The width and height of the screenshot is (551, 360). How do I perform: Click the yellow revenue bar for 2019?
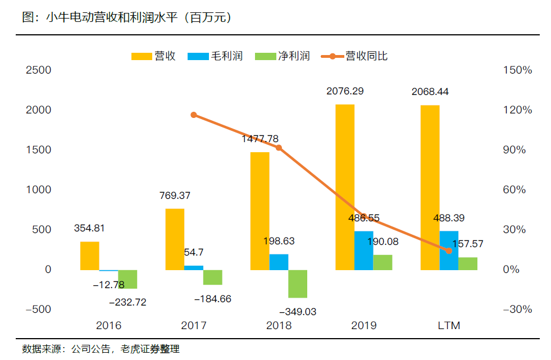pos(345,187)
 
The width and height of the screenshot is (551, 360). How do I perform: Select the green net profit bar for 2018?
pos(298,284)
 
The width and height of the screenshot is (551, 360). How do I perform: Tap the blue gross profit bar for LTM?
pos(449,250)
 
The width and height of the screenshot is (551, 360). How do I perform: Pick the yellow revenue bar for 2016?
pos(90,256)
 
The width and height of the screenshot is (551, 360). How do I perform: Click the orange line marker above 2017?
pos(194,115)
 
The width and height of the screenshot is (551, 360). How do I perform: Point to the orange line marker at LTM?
pos(449,250)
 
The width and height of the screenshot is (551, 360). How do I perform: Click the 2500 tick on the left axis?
pos(39,70)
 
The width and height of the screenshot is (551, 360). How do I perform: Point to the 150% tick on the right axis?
pos(518,70)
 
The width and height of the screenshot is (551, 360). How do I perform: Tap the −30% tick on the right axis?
pos(517,309)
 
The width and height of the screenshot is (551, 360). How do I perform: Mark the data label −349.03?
pos(298,311)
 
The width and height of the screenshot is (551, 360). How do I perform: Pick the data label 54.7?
pos(194,252)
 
